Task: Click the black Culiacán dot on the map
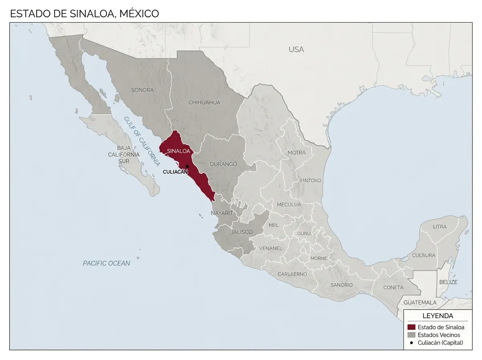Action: pos(187,166)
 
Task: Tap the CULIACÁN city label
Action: pos(175,172)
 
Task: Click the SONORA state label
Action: pos(142,90)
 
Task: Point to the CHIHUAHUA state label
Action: pos(204,102)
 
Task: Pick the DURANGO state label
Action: pos(223,164)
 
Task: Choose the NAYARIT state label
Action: pos(222,213)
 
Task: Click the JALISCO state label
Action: pos(241,232)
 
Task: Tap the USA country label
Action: pos(296,49)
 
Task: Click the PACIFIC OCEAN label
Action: pos(106,263)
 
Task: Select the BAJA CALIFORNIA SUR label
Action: pos(124,154)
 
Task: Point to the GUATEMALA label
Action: pos(420,302)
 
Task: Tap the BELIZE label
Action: pos(448,282)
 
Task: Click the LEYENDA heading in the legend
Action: pos(437,316)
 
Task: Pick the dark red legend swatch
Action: pos(411,327)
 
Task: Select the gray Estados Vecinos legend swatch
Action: pos(411,335)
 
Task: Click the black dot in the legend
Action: pos(411,343)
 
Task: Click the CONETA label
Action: pos(393,287)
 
